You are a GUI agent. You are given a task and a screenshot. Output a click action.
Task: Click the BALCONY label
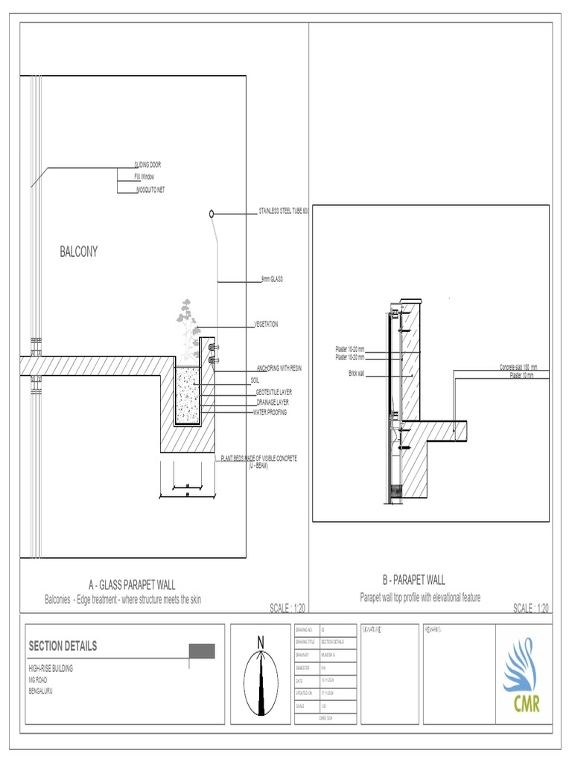coord(79,252)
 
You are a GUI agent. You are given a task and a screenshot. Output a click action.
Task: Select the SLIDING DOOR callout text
coord(147,164)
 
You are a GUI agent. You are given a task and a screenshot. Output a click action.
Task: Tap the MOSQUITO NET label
coord(150,190)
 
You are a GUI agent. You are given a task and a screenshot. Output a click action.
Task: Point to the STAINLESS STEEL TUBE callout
coord(283,211)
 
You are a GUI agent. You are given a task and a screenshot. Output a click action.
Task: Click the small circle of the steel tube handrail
coord(212,214)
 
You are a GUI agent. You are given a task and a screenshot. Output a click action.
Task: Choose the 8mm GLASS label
coord(272,280)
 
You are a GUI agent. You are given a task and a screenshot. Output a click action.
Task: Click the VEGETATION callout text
coord(267,324)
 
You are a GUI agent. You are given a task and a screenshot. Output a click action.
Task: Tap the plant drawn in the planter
coord(187,320)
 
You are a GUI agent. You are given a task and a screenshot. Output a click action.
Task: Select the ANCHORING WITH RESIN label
coord(279,368)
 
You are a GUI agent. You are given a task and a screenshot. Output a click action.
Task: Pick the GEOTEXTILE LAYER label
coord(274,391)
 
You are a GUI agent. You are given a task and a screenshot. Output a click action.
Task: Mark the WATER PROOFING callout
coord(270,412)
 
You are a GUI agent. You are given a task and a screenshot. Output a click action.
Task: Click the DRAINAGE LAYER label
coord(273,402)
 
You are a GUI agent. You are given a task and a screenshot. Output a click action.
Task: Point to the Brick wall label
coord(356,373)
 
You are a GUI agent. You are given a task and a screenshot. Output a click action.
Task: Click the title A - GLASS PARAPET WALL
coord(132,586)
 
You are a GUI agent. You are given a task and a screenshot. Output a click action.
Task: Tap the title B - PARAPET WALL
coord(413,580)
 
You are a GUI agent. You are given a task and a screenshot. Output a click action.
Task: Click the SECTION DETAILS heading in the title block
coord(63,646)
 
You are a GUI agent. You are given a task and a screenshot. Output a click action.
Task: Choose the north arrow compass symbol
coord(261,673)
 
